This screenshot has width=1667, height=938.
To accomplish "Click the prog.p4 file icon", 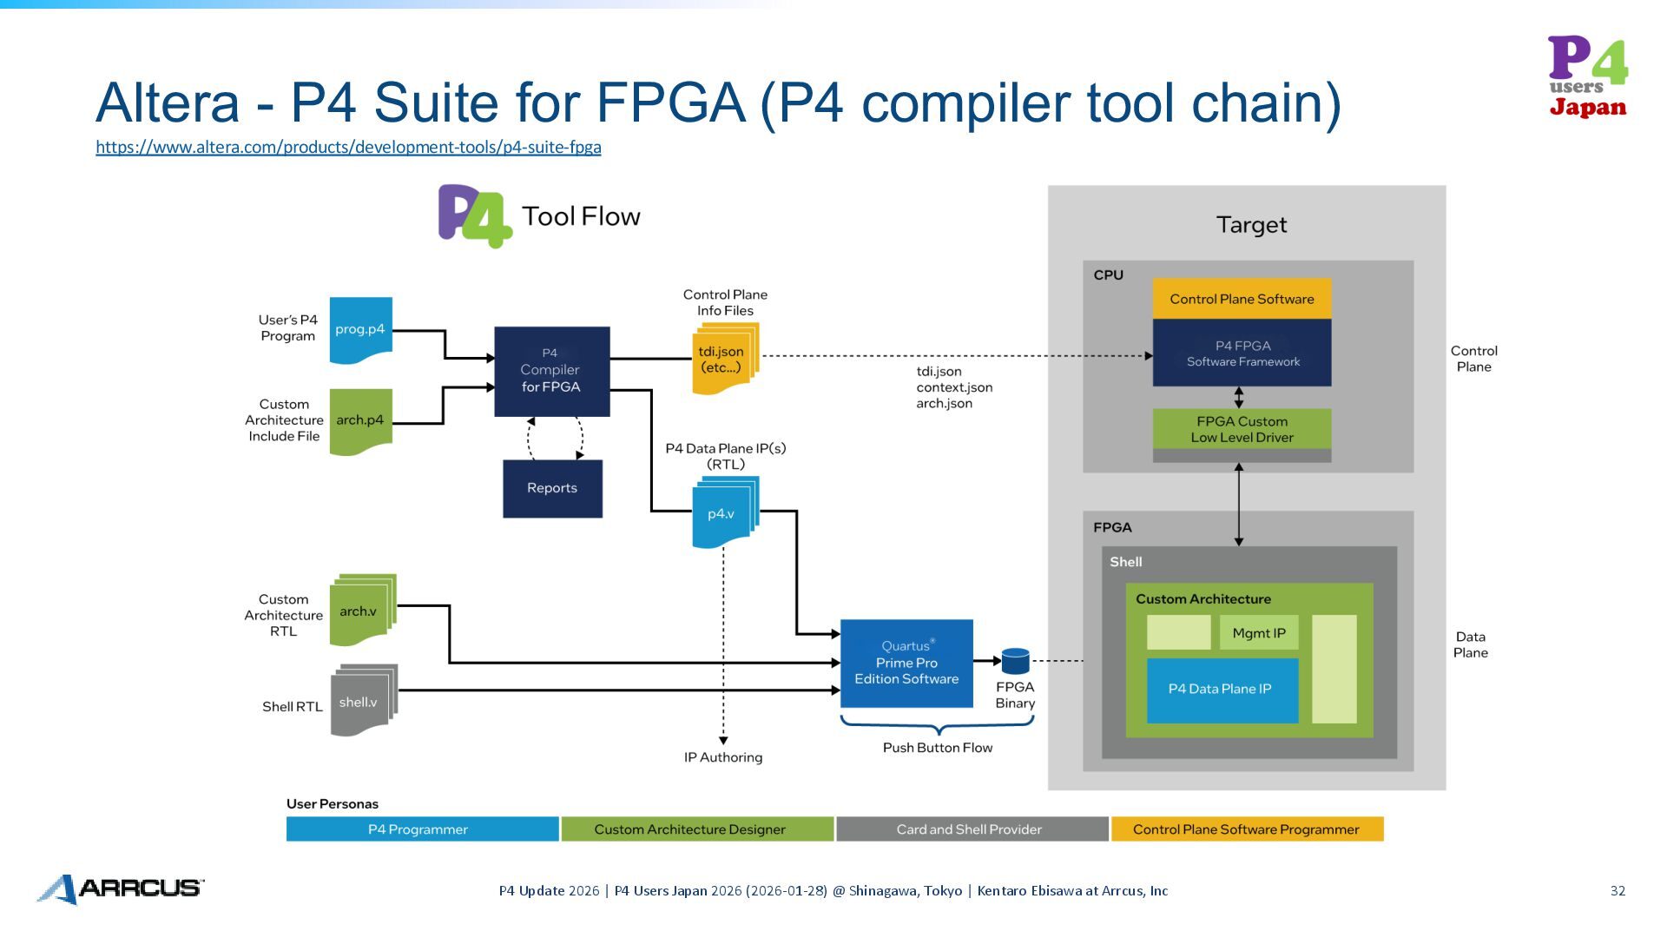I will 360,330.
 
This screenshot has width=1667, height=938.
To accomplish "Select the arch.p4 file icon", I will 360,420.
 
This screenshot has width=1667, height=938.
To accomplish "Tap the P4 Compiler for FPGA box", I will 551,371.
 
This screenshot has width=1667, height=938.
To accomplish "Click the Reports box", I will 552,488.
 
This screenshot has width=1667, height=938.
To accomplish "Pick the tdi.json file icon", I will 723,359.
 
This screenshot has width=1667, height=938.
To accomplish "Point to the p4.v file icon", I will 723,513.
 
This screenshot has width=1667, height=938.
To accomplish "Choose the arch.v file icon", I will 361,611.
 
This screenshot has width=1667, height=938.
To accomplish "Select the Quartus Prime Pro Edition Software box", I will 906,663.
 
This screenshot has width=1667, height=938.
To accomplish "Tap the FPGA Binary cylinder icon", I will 1015,661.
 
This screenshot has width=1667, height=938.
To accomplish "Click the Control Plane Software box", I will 1242,299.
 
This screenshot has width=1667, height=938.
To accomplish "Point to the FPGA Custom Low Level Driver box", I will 1242,430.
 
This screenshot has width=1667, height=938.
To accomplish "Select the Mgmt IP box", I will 1259,633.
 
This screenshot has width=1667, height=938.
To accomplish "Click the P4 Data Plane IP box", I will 1222,690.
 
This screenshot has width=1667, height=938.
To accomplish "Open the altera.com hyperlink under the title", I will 348,147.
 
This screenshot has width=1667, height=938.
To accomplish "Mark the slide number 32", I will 1618,890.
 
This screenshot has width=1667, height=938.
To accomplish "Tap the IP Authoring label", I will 723,757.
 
